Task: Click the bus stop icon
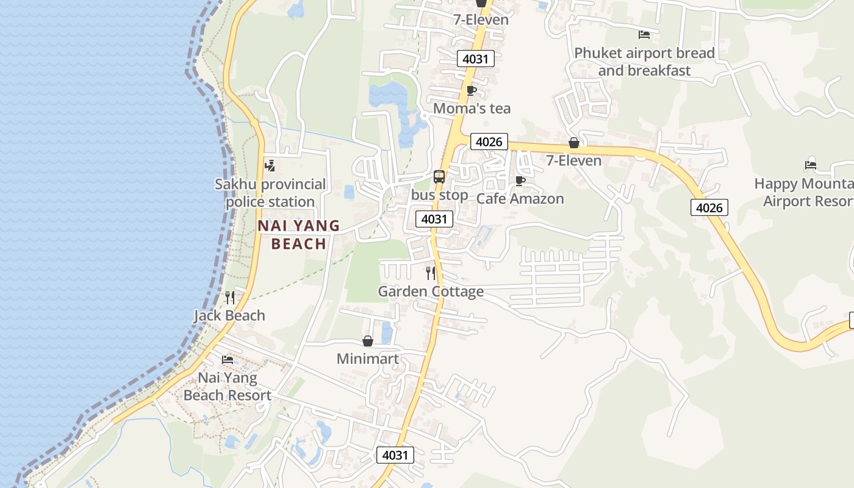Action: click(439, 177)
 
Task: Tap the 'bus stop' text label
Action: click(440, 195)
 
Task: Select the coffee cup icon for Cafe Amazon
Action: click(520, 181)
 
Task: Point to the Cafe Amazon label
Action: click(520, 199)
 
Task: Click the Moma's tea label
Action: click(472, 109)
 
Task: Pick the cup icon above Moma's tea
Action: click(472, 91)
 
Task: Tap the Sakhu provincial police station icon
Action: click(270, 165)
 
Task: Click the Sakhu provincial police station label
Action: click(270, 193)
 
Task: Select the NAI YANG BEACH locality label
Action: click(299, 235)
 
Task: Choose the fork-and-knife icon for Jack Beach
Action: click(229, 298)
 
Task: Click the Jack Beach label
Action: click(229, 315)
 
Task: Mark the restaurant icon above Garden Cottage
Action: click(431, 273)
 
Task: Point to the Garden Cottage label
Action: click(431, 292)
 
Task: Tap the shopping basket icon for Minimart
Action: click(368, 341)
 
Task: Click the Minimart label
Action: click(368, 359)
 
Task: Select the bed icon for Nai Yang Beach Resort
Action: click(228, 359)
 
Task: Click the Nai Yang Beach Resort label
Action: click(228, 386)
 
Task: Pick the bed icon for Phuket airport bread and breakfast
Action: click(644, 34)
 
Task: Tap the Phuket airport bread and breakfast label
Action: click(644, 62)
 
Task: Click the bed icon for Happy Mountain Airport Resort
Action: click(811, 165)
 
